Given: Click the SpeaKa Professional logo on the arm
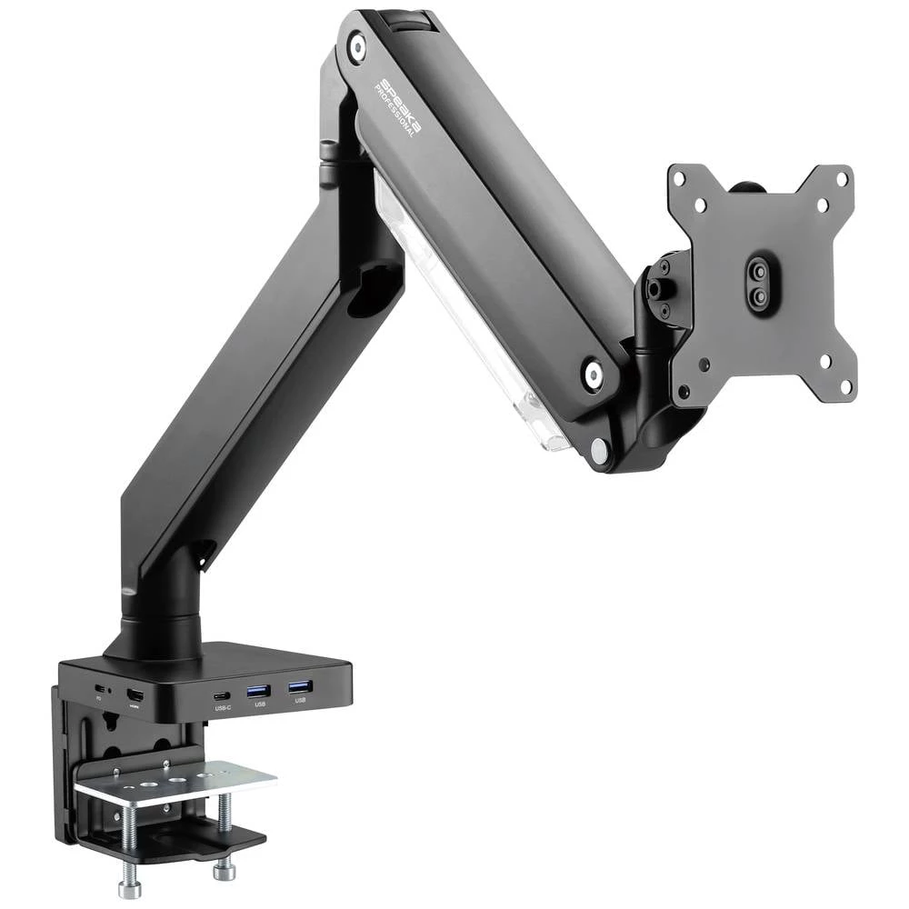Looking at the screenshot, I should coord(398,107).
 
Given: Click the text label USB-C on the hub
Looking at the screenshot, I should coord(224,707).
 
